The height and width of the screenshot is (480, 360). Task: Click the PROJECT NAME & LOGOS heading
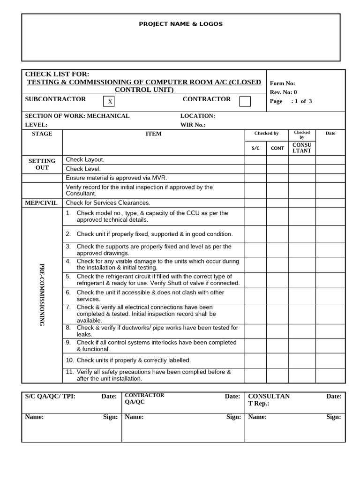pyautogui.click(x=180, y=24)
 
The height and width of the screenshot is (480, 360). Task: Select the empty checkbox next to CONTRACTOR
pyautogui.click(x=245, y=101)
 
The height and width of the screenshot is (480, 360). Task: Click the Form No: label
pyautogui.click(x=282, y=83)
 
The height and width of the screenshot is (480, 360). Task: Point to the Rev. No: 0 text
pyautogui.click(x=283, y=92)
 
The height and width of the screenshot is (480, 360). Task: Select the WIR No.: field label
pyautogui.click(x=193, y=125)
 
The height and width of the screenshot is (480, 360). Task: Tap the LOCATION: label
pyautogui.click(x=197, y=116)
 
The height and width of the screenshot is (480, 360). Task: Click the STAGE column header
pyautogui.click(x=42, y=134)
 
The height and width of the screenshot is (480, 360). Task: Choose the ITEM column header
pyautogui.click(x=153, y=134)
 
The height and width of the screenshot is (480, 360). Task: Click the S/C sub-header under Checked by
pyautogui.click(x=255, y=148)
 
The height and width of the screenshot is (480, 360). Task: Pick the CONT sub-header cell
pyautogui.click(x=277, y=148)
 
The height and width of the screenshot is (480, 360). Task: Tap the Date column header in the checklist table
pyautogui.click(x=330, y=134)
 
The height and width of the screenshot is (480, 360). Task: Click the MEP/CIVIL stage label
pyautogui.click(x=42, y=203)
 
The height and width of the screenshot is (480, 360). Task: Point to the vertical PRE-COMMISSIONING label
pyautogui.click(x=42, y=295)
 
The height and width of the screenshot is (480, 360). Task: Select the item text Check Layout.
pyautogui.click(x=85, y=160)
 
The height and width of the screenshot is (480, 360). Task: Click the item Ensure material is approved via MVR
pyautogui.click(x=116, y=178)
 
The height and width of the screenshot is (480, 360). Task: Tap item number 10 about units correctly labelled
pyautogui.click(x=128, y=360)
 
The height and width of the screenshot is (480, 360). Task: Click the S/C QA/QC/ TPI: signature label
pyautogui.click(x=50, y=397)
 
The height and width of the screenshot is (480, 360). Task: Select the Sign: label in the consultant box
pyautogui.click(x=334, y=417)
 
